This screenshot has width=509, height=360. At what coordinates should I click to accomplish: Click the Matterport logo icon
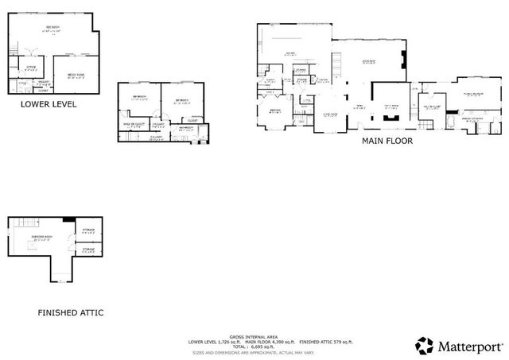coord(425,345)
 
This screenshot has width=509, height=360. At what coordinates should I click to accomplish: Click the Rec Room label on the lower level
coord(53,29)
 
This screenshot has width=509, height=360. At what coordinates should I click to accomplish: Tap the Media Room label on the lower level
coord(76,76)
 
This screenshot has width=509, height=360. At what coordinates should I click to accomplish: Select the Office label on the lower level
coord(31,68)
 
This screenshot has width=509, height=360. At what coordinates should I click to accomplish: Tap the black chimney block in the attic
coord(70,220)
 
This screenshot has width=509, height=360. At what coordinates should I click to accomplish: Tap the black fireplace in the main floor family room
coord(389,115)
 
